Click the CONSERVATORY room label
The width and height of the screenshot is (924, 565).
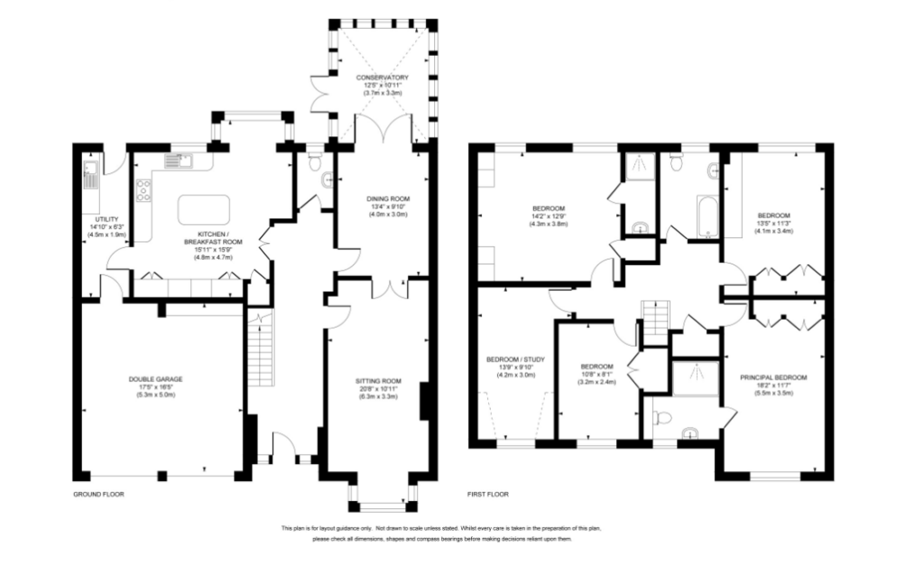382,78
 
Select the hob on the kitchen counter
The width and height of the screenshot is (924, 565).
143,190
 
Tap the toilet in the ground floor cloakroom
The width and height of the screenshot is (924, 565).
314,162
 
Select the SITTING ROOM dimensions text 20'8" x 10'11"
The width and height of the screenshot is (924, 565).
377,389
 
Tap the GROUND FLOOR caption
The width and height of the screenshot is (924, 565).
98,495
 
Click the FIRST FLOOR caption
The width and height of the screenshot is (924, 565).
488,495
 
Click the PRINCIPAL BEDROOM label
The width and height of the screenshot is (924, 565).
772,377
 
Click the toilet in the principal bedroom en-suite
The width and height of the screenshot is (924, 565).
663,418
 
